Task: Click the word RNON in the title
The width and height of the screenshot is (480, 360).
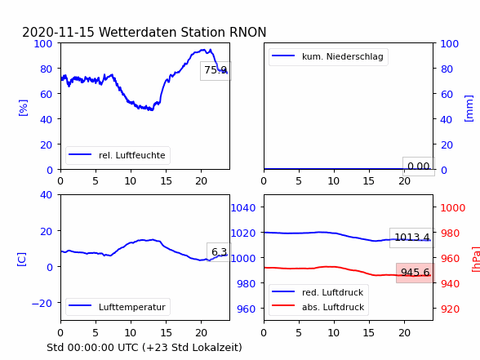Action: [x=247, y=32]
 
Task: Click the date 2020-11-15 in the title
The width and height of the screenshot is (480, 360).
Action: [x=58, y=32]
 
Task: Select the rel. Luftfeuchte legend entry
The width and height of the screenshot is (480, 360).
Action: [x=118, y=155]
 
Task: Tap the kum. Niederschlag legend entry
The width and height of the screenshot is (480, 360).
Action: [x=328, y=56]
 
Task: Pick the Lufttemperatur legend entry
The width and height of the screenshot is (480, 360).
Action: [x=118, y=307]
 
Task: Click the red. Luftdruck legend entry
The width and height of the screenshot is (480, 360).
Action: [x=318, y=292]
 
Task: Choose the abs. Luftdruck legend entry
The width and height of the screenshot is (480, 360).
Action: [x=318, y=307]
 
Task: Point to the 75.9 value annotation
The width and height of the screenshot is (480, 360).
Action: [x=216, y=71]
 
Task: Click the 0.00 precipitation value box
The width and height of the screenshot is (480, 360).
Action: [x=419, y=167]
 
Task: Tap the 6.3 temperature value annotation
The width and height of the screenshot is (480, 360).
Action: [x=219, y=252]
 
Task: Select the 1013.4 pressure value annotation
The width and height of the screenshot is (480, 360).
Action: [x=412, y=238]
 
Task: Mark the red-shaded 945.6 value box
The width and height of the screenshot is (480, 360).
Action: [x=416, y=273]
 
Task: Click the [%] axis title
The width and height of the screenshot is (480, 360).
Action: [x=23, y=108]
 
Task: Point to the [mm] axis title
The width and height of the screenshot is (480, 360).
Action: [x=469, y=109]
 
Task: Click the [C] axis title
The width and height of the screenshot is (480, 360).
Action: [x=21, y=260]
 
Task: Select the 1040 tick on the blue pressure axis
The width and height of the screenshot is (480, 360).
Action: [x=242, y=208]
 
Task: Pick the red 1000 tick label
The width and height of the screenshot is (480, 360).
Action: [x=453, y=208]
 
